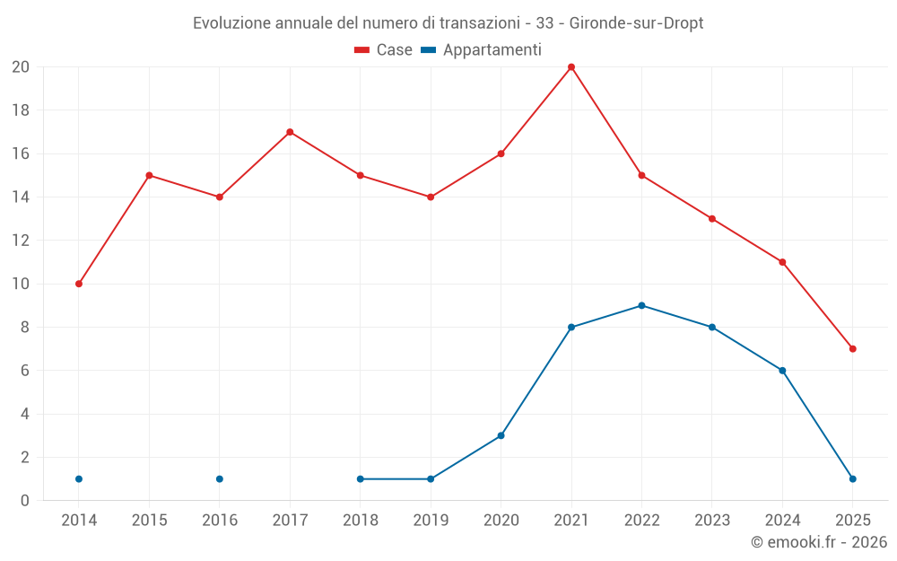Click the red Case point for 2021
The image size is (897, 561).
click(x=571, y=67)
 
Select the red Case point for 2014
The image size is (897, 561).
click(x=79, y=284)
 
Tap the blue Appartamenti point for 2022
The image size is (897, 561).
click(x=641, y=305)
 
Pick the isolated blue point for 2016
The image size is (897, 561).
click(x=220, y=478)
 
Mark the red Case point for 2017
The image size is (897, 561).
click(x=290, y=132)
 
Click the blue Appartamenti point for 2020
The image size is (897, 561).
click(x=501, y=435)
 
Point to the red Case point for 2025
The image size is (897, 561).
click(x=852, y=348)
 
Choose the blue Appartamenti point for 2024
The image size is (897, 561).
click(x=782, y=370)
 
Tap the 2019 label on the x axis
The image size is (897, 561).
click(x=431, y=520)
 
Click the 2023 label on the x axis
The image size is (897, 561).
click(x=712, y=520)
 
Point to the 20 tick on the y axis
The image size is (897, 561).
click(x=21, y=67)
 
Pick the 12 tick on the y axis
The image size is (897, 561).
click(x=21, y=241)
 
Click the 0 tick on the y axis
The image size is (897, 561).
click(x=25, y=500)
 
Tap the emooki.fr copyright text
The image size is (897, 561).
click(x=819, y=542)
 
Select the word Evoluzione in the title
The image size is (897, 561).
click(x=230, y=23)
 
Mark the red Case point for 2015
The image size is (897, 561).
click(x=149, y=175)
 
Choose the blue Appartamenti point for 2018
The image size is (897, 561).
click(x=361, y=478)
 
